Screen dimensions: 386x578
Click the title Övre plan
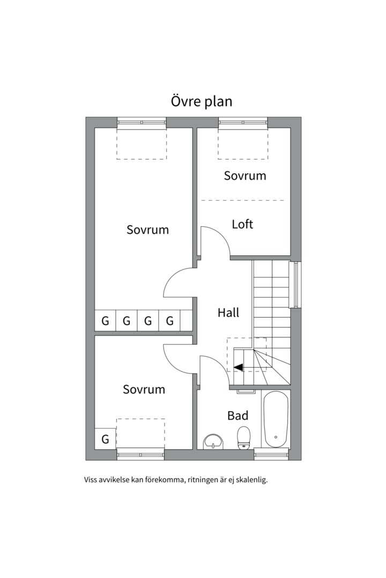(x=202, y=101)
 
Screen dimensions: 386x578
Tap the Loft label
(x=242, y=224)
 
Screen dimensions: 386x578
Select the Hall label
(x=228, y=313)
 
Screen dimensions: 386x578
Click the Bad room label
(x=237, y=415)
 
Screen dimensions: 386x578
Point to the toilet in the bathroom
(x=244, y=438)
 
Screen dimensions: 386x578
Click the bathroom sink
(x=213, y=442)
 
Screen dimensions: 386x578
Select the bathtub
(x=276, y=420)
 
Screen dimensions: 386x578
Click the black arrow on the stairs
(x=238, y=367)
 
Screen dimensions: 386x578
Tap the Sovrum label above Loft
(x=245, y=176)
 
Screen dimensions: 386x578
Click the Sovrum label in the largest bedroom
(x=148, y=230)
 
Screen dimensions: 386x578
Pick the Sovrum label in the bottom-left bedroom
(x=144, y=390)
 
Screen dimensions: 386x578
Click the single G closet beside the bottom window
(x=105, y=439)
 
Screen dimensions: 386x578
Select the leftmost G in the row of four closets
(x=105, y=321)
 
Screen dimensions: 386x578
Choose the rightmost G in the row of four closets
(x=169, y=321)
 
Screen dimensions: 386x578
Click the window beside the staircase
(x=295, y=284)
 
